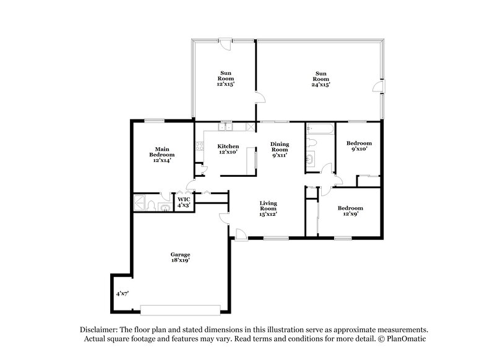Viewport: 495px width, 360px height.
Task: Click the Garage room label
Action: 180,258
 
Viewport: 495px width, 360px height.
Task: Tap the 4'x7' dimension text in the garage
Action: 122,294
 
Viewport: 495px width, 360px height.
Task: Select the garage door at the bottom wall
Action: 179,309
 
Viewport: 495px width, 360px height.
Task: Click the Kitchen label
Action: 228,149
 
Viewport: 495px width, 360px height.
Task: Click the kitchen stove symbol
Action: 200,147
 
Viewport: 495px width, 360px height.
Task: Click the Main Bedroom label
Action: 162,154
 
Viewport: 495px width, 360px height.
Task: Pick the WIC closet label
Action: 183,202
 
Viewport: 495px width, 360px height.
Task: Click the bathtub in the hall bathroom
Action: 320,130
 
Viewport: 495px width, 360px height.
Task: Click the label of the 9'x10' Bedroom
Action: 359,145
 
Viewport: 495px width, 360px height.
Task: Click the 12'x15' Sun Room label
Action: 224,78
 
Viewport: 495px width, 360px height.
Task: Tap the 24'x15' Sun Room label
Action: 320,78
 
